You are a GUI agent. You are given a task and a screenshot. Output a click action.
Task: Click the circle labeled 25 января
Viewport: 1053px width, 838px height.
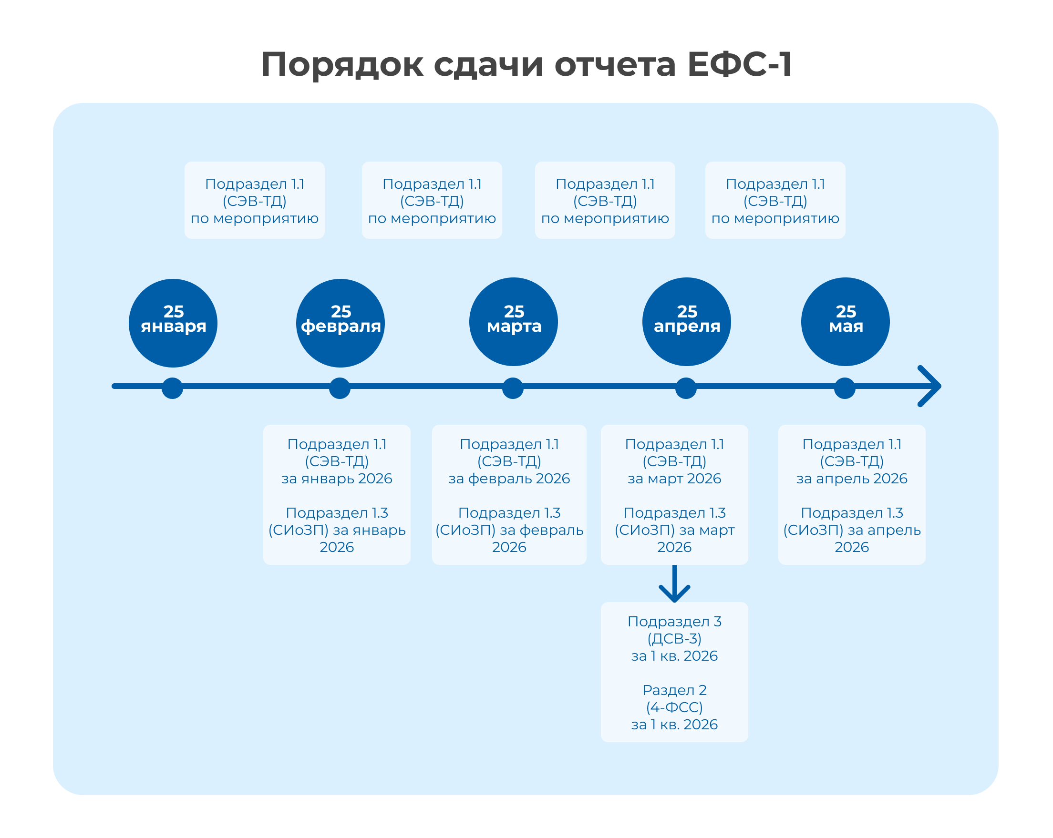pos(173,323)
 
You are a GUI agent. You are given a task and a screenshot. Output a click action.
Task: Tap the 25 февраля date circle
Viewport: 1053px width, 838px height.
pos(341,323)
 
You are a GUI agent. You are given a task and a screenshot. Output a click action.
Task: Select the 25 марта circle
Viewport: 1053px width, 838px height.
pos(513,322)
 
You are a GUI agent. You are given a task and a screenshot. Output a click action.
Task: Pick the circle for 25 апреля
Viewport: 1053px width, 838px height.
pos(686,322)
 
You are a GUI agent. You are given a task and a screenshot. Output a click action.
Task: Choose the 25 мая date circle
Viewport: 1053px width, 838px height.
pos(845,322)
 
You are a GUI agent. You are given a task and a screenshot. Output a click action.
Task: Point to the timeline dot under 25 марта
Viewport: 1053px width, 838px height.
pos(513,388)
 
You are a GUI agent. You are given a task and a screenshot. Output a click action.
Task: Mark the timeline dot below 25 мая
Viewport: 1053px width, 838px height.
pos(845,388)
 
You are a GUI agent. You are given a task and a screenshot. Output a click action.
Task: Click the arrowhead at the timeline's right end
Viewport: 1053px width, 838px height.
pos(930,386)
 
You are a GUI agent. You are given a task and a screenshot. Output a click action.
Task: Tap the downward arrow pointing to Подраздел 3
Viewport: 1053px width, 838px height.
pos(674,585)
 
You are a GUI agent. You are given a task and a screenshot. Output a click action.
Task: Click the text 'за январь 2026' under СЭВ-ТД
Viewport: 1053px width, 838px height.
pos(337,478)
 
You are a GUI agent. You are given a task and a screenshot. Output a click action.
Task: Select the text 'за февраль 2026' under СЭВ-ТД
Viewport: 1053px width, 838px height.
pos(509,478)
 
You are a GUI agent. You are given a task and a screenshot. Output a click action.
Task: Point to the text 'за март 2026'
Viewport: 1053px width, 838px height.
pos(674,478)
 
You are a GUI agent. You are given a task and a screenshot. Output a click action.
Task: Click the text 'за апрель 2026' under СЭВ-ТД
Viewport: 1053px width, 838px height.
pos(852,478)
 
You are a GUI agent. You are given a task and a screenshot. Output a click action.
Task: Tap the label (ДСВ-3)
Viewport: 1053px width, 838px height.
pos(674,638)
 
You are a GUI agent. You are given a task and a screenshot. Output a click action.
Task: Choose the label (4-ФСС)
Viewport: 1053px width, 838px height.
pos(674,707)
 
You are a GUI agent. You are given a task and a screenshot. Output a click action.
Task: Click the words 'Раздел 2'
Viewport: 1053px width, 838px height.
pos(674,690)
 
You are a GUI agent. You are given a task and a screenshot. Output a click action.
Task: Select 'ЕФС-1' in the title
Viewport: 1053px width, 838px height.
pos(740,64)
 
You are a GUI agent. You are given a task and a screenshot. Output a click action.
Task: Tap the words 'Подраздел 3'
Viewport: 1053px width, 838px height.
pos(674,621)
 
